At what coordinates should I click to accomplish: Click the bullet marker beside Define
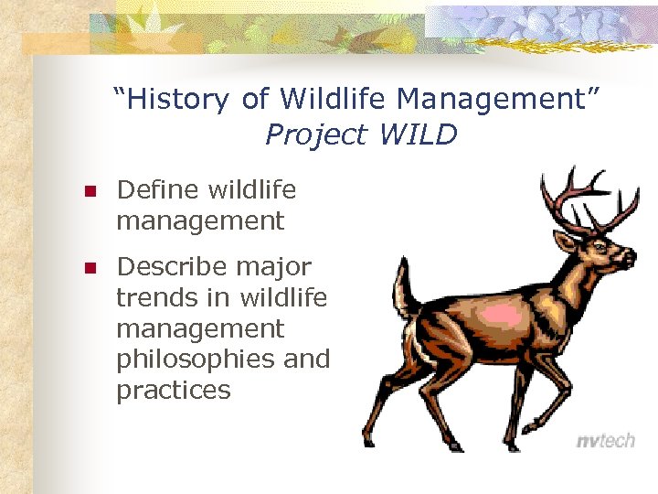coord(90,192)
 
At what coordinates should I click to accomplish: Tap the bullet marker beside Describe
coord(90,269)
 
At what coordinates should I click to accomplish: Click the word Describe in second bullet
coord(172,267)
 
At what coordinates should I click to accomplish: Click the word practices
coord(173,391)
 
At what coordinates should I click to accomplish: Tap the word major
coord(273,267)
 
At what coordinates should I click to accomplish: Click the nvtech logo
coord(605,441)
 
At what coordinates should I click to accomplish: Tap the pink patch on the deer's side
coord(502,316)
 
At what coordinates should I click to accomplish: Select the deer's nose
coord(631,259)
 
